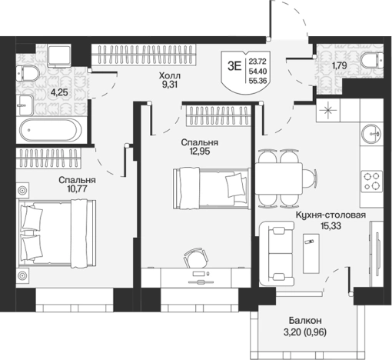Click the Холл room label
(x=170, y=76)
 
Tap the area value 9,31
(x=170, y=85)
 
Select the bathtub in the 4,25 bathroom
(x=51, y=130)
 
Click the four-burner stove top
(x=372, y=181)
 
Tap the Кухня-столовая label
(x=331, y=215)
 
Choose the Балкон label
(x=305, y=320)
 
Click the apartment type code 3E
(x=234, y=67)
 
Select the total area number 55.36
(x=257, y=81)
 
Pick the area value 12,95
(x=200, y=152)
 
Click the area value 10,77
(x=77, y=189)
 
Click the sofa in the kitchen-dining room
(x=277, y=253)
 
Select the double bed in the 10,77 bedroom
(x=58, y=234)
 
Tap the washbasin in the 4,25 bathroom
(x=25, y=105)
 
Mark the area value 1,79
(x=340, y=66)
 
